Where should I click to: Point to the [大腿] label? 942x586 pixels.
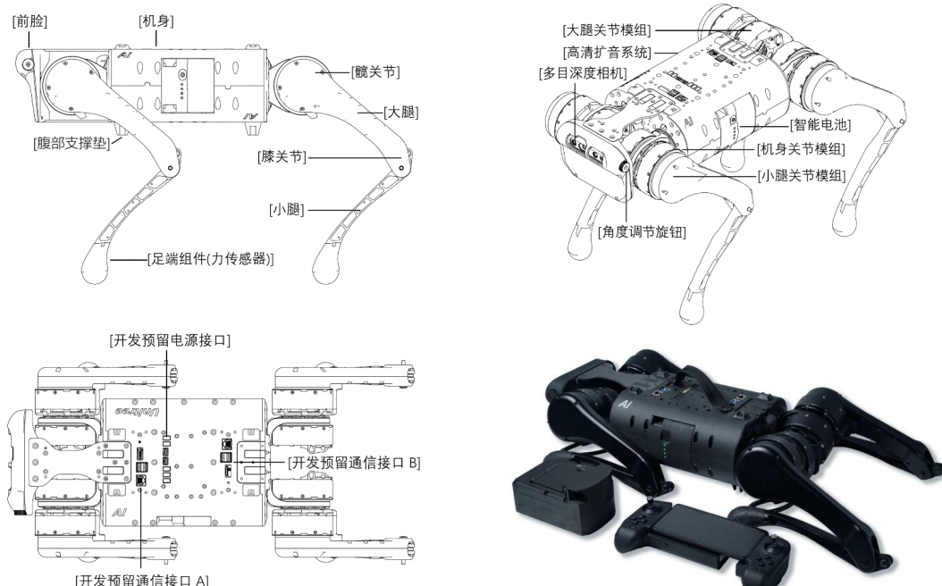pyautogui.click(x=401, y=113)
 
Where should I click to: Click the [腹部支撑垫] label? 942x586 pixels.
pyautogui.click(x=67, y=144)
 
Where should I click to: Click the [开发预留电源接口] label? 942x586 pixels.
pyautogui.click(x=169, y=340)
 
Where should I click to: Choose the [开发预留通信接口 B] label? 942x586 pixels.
pyautogui.click(x=354, y=463)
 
